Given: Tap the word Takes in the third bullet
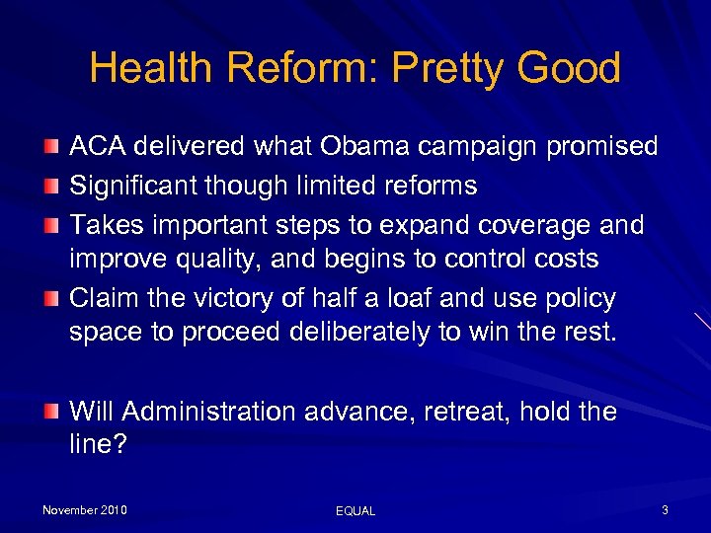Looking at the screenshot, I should (x=105, y=224).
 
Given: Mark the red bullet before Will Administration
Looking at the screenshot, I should (x=51, y=410).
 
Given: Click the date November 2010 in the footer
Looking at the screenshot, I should (x=85, y=510).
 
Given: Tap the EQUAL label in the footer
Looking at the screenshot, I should (x=355, y=511).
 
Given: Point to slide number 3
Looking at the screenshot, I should (x=665, y=510).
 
